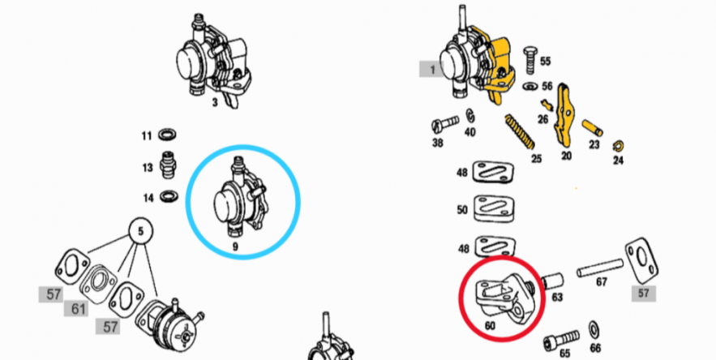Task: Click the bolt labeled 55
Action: (x=530, y=60)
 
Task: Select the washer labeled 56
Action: (x=530, y=86)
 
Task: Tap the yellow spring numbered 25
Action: (x=520, y=131)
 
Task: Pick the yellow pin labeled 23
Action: (x=592, y=128)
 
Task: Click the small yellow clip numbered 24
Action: (x=618, y=147)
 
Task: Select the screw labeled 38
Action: (x=444, y=123)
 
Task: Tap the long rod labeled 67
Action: (x=600, y=268)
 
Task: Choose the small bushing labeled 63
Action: (x=552, y=281)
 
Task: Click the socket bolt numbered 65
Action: (x=561, y=341)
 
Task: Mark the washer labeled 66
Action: (x=594, y=329)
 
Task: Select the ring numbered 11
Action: (x=168, y=135)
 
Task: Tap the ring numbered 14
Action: (x=169, y=197)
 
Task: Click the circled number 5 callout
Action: (x=140, y=231)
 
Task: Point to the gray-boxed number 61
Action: (x=78, y=309)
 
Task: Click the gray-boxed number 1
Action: (x=432, y=70)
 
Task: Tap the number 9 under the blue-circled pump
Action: (x=235, y=247)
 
